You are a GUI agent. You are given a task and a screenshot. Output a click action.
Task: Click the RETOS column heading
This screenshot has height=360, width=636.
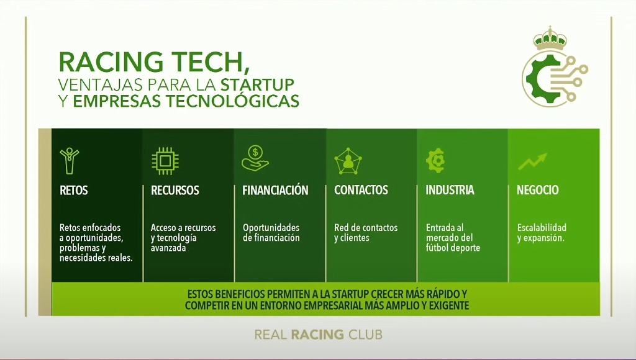pyautogui.click(x=73, y=190)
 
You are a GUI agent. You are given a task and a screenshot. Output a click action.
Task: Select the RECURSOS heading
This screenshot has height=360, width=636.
pyautogui.click(x=175, y=190)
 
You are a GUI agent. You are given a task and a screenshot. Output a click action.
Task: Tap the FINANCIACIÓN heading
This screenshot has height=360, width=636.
pyautogui.click(x=275, y=190)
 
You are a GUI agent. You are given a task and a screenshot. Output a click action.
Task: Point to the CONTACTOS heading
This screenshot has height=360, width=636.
pyautogui.click(x=361, y=190)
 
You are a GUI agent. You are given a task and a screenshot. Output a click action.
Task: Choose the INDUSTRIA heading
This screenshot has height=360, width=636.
pyautogui.click(x=450, y=190)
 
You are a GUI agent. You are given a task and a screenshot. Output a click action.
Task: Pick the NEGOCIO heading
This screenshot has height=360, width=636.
pyautogui.click(x=537, y=190)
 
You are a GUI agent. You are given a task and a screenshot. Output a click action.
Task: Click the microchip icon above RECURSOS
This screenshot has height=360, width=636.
pyautogui.click(x=165, y=161)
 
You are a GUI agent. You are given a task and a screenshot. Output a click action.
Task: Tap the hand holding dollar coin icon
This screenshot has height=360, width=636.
pyautogui.click(x=255, y=158)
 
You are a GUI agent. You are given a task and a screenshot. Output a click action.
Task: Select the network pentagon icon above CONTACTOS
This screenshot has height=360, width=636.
pyautogui.click(x=348, y=161)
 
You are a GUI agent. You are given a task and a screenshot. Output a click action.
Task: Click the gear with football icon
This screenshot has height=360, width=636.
pyautogui.click(x=435, y=161)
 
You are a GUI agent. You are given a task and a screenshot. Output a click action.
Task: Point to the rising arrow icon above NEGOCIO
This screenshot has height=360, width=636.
pyautogui.click(x=532, y=161)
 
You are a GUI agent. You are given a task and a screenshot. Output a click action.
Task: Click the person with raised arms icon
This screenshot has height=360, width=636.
pyautogui.click(x=70, y=161)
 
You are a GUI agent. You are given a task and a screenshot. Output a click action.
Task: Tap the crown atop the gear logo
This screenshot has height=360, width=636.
pyautogui.click(x=550, y=38)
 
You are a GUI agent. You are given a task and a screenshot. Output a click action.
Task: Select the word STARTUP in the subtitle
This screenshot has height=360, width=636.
pyautogui.click(x=258, y=85)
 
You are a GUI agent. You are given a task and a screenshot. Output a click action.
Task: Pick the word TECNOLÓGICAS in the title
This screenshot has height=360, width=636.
pyautogui.click(x=234, y=101)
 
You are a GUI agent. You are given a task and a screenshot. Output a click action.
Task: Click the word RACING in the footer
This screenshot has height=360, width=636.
pyautogui.click(x=317, y=335)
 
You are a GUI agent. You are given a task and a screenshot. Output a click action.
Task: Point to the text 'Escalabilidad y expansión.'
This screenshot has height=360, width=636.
pyautogui.click(x=542, y=233)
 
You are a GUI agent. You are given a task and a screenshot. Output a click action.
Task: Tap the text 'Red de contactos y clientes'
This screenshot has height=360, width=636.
pyautogui.click(x=366, y=233)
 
